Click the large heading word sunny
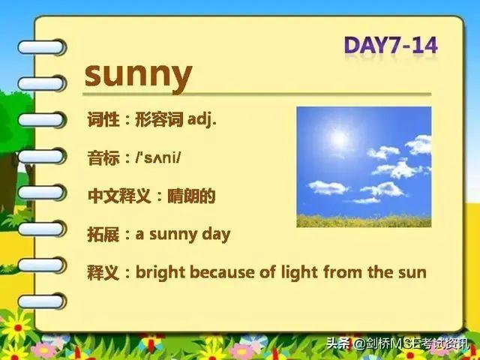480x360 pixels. coord(138,76)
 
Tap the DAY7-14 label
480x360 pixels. coord(391,45)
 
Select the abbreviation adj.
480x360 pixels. coord(202,119)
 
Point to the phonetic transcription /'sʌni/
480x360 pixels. coord(158,157)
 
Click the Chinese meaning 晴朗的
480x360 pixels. coord(191,196)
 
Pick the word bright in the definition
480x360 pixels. coord(160,273)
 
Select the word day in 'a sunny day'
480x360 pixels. coord(216,235)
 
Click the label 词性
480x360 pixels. coord(103,119)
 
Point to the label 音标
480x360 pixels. coord(103,157)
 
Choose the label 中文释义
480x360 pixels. coord(119,196)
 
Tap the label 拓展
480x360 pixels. coord(103,235)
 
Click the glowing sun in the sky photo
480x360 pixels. coord(339,139)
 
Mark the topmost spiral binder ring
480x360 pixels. coord(42,47)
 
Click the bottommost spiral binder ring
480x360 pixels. coord(42,301)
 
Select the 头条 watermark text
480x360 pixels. coord(338,343)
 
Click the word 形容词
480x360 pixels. coord(159,119)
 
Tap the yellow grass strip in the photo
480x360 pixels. coord(364,221)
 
